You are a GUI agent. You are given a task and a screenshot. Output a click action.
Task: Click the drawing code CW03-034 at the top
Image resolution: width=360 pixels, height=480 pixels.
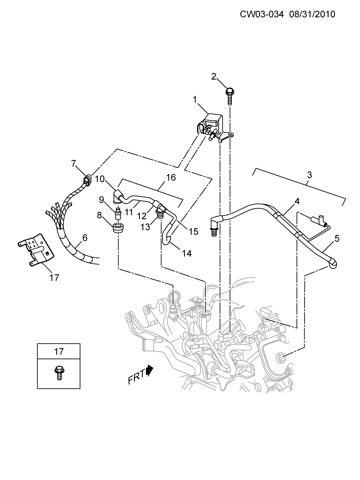[261, 14]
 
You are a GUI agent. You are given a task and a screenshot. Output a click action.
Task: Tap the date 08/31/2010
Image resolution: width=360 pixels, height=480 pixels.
[312, 14]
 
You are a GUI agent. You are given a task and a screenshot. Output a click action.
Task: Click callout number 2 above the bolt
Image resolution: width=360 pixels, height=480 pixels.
[213, 77]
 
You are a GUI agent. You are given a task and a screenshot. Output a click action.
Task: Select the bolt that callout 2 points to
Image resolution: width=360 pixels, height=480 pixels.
[229, 96]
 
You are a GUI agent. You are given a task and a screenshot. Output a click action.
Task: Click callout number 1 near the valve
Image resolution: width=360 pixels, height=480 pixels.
[195, 100]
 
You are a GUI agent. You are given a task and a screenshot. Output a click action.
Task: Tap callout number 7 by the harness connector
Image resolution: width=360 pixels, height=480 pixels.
[74, 163]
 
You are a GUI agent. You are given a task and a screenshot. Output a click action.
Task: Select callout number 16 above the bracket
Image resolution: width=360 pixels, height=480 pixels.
[171, 177]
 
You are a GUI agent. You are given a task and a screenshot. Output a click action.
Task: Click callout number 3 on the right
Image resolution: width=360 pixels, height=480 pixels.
[309, 175]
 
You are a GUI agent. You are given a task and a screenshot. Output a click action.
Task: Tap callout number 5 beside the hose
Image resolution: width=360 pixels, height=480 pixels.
[337, 239]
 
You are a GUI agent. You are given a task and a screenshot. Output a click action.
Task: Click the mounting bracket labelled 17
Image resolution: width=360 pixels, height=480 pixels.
[36, 250]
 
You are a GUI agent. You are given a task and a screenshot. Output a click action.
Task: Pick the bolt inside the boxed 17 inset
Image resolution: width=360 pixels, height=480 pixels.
[59, 373]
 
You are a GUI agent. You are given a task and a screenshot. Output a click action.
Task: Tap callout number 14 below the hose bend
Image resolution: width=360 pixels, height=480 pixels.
[187, 253]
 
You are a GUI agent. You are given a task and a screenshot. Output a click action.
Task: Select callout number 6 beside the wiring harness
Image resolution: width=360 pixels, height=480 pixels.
[85, 238]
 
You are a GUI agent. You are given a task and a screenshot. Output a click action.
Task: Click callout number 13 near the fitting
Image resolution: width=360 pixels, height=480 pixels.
[146, 227]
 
